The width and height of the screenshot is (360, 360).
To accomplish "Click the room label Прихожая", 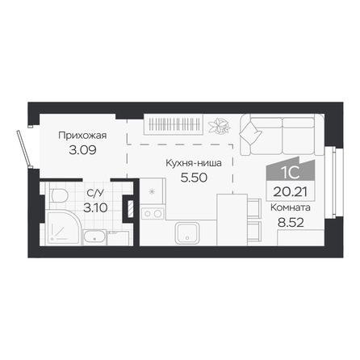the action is (x=82, y=136).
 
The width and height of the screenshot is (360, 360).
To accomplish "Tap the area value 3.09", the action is (x=82, y=150).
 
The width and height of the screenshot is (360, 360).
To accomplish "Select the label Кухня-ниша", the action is (x=194, y=163).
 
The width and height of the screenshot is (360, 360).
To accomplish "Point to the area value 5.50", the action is (x=194, y=178).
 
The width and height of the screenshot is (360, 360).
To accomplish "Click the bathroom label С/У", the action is (x=95, y=193).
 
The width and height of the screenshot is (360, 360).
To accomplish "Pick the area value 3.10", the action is (x=95, y=207).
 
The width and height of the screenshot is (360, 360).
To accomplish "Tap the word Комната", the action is (x=291, y=207).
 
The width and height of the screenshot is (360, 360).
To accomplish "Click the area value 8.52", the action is (x=291, y=223).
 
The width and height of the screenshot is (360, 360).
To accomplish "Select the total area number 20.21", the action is (x=291, y=192).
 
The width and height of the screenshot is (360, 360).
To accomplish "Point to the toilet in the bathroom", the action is (x=58, y=195).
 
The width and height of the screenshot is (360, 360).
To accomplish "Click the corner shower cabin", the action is (x=64, y=228).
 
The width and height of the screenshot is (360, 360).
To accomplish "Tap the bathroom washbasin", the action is (x=94, y=237).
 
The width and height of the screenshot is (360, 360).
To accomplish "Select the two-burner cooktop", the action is (x=153, y=213).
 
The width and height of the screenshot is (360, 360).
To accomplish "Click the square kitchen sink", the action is (x=187, y=233).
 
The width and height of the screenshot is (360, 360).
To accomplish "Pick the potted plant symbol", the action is (x=220, y=125).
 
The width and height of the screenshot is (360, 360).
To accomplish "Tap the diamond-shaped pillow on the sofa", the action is (x=250, y=132).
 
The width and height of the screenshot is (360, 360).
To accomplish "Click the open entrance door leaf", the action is (x=23, y=149).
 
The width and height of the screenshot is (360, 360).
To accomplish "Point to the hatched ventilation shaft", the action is (x=131, y=208).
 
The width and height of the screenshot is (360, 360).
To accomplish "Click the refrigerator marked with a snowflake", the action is (x=153, y=191).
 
